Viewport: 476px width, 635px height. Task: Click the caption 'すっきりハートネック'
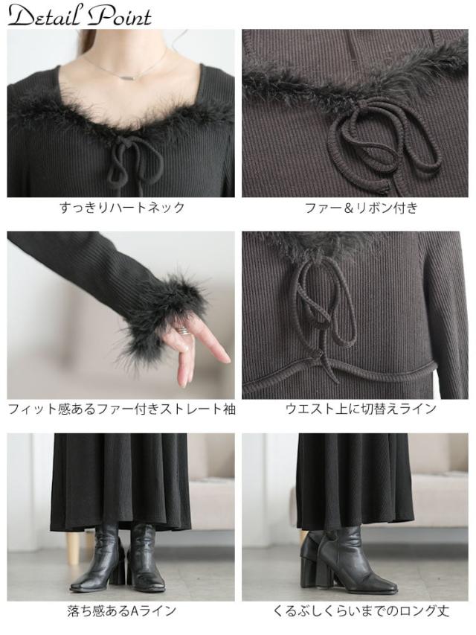click(x=121, y=208)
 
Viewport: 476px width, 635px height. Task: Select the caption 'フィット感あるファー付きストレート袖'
click(x=121, y=409)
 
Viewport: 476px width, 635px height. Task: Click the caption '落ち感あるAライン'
click(x=121, y=611)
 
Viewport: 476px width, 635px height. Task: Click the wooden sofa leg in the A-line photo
click(x=72, y=547)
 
